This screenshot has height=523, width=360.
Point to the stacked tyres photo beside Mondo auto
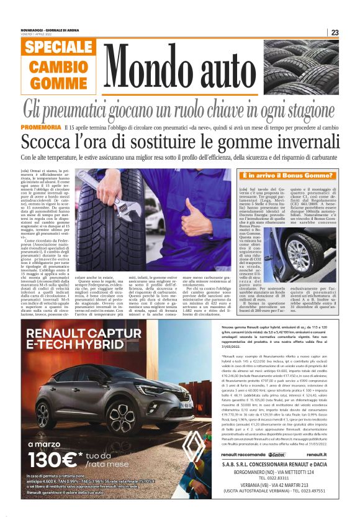coord(311,68)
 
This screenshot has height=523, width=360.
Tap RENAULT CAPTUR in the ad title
coord(75,335)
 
